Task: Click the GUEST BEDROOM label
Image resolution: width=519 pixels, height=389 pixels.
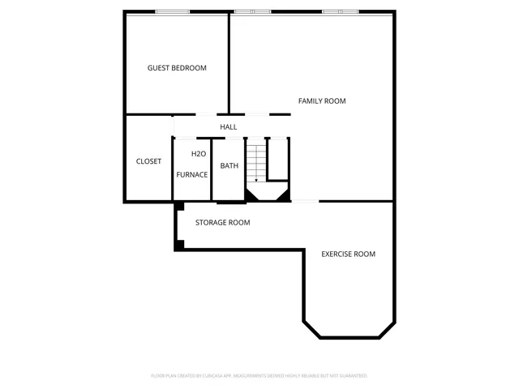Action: pyautogui.click(x=177, y=68)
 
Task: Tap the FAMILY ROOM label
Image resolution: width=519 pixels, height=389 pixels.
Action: pyautogui.click(x=322, y=101)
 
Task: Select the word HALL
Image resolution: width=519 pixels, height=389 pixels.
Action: pyautogui.click(x=229, y=127)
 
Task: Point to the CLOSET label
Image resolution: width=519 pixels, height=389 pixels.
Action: pyautogui.click(x=148, y=161)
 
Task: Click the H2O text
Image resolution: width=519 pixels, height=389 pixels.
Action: pyautogui.click(x=198, y=154)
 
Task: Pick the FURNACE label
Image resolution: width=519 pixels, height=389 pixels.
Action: pyautogui.click(x=192, y=174)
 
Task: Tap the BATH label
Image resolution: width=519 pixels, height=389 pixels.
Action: pyautogui.click(x=229, y=166)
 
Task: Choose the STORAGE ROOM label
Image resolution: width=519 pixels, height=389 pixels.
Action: pyautogui.click(x=222, y=222)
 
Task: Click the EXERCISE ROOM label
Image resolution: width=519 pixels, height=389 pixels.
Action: pyautogui.click(x=348, y=254)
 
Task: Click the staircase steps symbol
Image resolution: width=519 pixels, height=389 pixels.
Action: pyautogui.click(x=256, y=161)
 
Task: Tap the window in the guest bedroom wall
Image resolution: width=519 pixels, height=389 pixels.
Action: pyautogui.click(x=173, y=11)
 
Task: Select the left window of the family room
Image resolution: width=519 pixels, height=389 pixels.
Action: pyautogui.click(x=252, y=11)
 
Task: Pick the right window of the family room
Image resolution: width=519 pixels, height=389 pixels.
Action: pyautogui.click(x=341, y=11)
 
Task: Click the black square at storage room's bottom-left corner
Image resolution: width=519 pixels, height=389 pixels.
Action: pyautogui.click(x=179, y=244)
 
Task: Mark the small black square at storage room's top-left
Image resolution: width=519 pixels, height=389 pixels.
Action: pyautogui.click(x=178, y=205)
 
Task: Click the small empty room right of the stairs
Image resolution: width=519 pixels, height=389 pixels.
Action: pyautogui.click(x=278, y=159)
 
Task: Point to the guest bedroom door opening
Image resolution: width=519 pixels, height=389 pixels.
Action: pyautogui.click(x=207, y=114)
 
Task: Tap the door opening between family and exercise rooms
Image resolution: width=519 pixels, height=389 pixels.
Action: pyautogui.click(x=304, y=201)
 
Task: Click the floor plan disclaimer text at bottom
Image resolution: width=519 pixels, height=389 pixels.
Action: pyautogui.click(x=259, y=376)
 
